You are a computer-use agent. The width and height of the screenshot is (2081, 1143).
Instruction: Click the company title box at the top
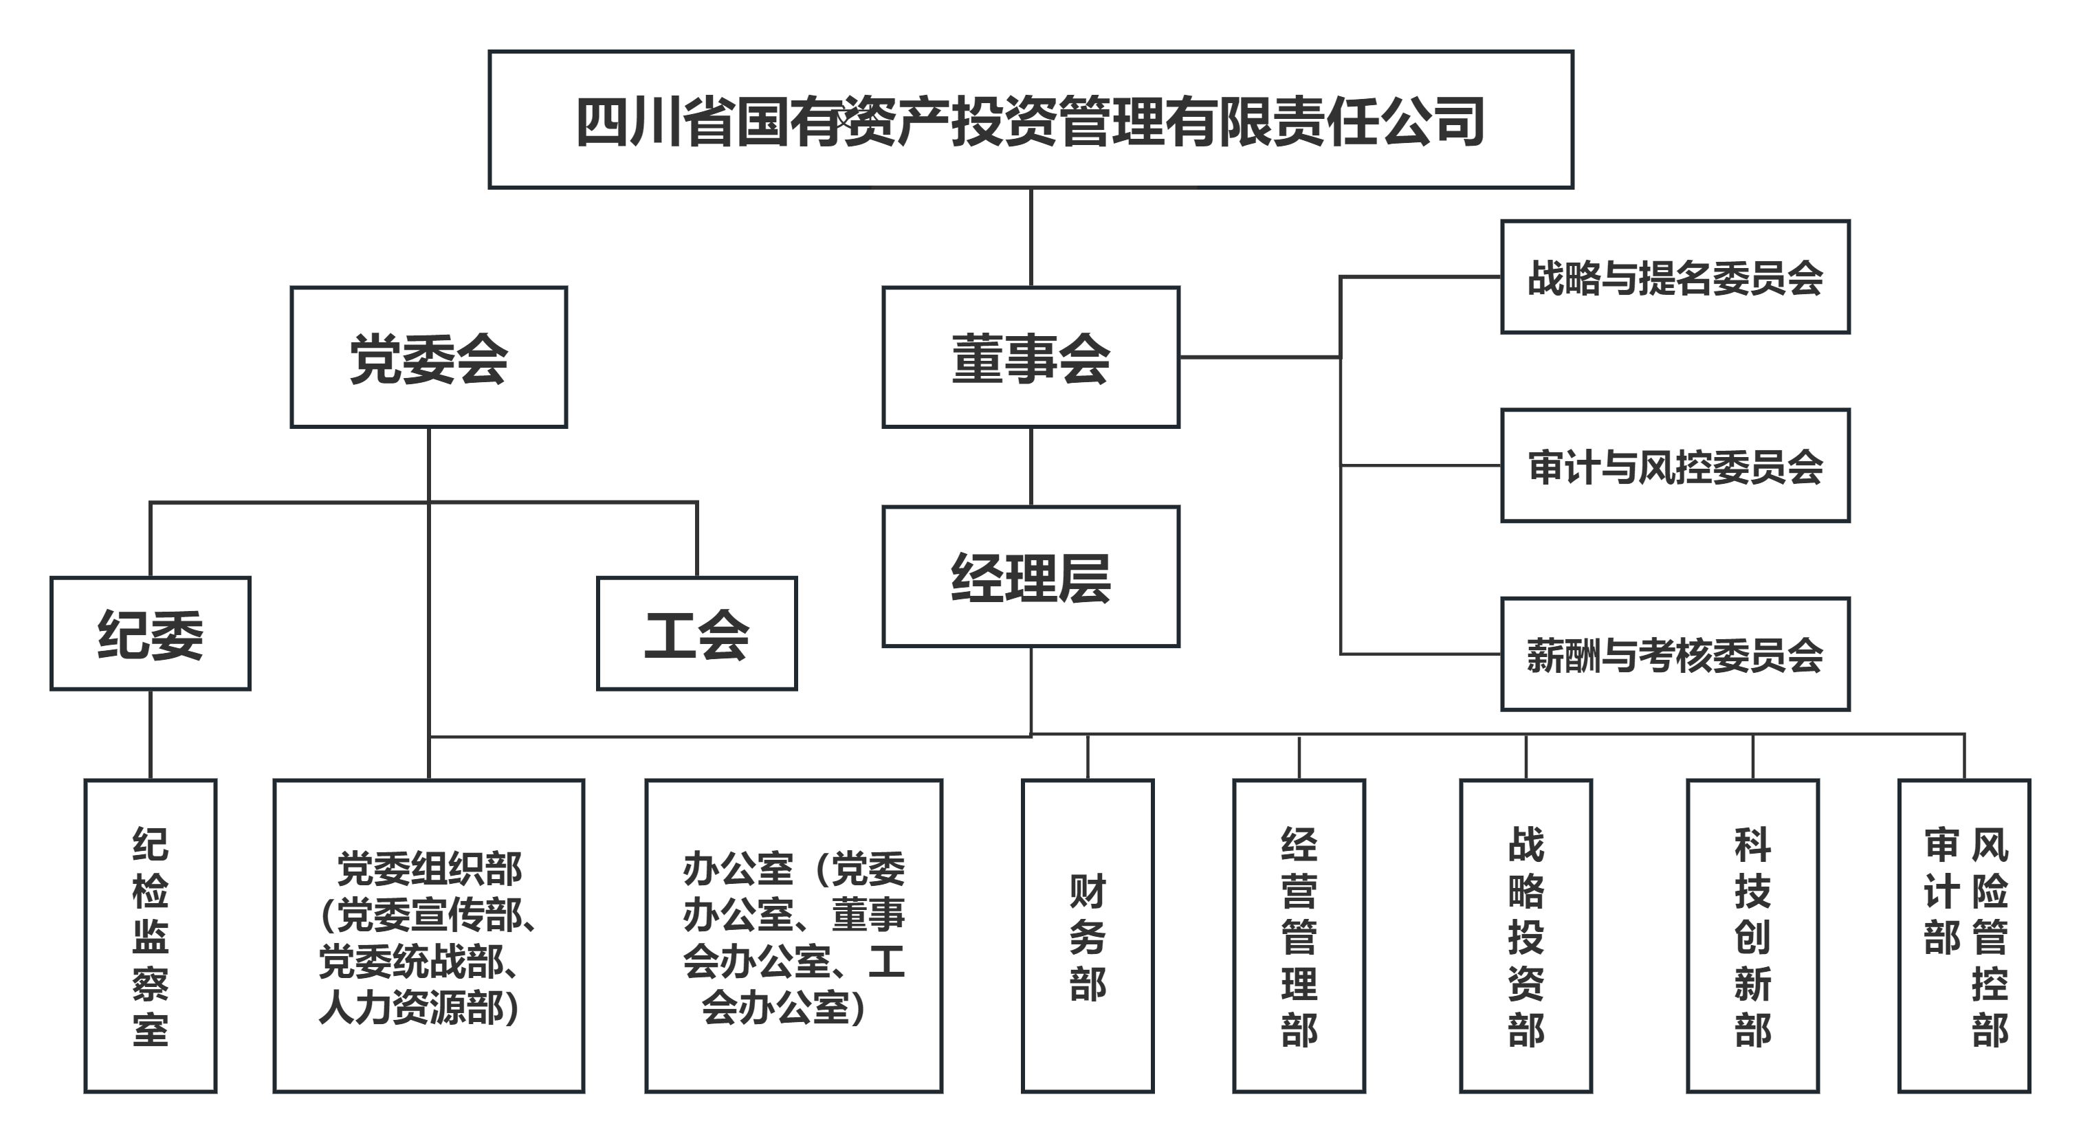[x=1030, y=120]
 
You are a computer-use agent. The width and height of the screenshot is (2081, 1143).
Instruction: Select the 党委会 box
[x=428, y=357]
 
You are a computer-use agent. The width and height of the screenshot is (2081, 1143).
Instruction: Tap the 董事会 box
[x=1030, y=357]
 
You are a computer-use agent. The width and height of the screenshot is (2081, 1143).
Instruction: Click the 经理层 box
[x=1030, y=577]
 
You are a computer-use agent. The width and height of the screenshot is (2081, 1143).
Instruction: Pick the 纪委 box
[x=151, y=633]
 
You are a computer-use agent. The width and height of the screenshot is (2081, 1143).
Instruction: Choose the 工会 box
[x=696, y=633]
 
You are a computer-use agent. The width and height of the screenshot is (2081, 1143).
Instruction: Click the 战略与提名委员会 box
[x=1675, y=277]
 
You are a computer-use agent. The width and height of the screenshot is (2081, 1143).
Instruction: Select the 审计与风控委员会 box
[x=1675, y=466]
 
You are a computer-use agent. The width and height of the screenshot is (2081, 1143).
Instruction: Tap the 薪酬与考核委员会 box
[x=1675, y=654]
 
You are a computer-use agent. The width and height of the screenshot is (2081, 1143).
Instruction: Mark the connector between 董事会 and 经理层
[x=1031, y=467]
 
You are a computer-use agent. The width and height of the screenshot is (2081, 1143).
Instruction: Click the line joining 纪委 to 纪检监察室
[x=151, y=733]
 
